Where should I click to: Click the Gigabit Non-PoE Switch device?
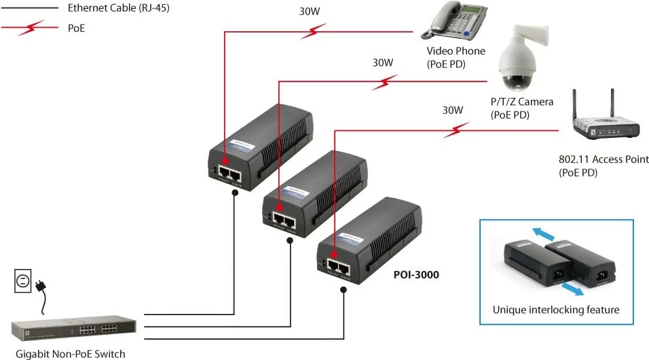click(x=73, y=331)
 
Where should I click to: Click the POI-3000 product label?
click(x=416, y=275)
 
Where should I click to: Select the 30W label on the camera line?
click(x=383, y=62)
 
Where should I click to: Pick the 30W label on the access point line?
click(x=453, y=109)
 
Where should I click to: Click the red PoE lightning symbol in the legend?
click(x=29, y=28)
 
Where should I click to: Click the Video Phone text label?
click(x=456, y=51)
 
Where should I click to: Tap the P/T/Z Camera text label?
click(x=522, y=101)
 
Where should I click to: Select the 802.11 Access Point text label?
click(x=604, y=160)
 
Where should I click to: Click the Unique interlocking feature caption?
click(x=556, y=310)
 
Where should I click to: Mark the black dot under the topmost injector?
click(x=235, y=192)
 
